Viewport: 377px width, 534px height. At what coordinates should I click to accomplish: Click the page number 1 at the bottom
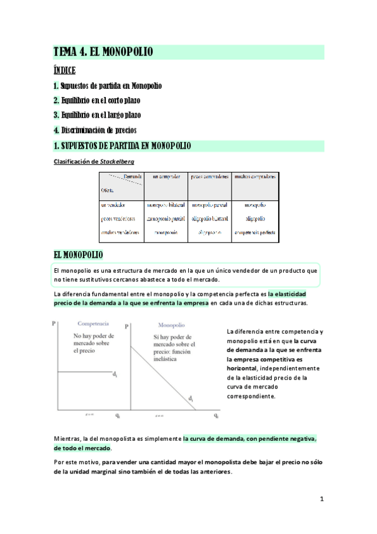pos(321,499)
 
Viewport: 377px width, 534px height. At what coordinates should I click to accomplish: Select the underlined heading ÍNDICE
pos(65,70)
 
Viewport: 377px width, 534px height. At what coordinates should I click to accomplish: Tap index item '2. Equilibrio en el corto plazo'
pos(97,100)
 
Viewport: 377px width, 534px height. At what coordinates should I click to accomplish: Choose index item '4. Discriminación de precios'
pos(95,130)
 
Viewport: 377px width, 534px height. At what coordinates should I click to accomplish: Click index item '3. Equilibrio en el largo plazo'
pos(98,115)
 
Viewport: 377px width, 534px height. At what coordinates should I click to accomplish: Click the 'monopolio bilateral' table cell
pos(166,205)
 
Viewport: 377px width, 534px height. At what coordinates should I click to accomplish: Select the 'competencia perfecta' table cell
pos(255,232)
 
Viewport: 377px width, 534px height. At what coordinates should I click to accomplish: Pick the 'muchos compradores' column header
pos(255,178)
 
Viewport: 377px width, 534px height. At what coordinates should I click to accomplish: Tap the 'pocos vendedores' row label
pos(118,219)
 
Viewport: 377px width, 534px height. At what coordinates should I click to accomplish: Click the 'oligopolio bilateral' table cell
pos(210,219)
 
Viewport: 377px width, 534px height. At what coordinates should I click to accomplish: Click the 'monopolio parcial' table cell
pos(210,205)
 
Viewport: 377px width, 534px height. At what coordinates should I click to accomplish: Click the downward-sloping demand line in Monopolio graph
pos(164,378)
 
